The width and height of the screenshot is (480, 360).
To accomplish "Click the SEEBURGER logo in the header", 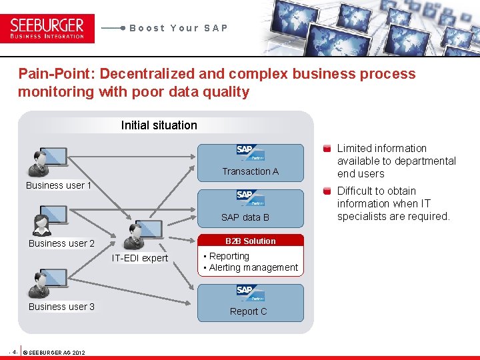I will click(x=47, y=28).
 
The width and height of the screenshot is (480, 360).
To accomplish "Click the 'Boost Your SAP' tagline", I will click(x=179, y=28).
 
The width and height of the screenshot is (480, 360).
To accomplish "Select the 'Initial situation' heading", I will click(x=159, y=125).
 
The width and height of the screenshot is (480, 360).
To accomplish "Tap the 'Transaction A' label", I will click(x=251, y=171).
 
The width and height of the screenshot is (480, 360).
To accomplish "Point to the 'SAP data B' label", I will click(x=245, y=217).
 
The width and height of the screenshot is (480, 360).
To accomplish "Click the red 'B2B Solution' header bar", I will click(x=250, y=241).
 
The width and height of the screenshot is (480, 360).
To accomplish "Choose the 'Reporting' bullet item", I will click(x=229, y=256).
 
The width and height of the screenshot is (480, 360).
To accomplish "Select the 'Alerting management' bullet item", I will click(x=253, y=267).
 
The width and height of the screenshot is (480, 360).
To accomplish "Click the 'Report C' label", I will click(x=248, y=311).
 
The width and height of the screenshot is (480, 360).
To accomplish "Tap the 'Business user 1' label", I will click(x=59, y=185).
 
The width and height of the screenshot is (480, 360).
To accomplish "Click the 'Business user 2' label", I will click(x=61, y=243).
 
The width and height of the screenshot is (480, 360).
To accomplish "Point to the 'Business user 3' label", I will click(x=61, y=307).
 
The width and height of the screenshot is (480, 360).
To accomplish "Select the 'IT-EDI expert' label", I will click(x=140, y=258).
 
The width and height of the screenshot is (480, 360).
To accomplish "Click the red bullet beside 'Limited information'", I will click(x=327, y=149).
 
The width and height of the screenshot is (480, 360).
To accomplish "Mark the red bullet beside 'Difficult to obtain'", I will click(x=327, y=191).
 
